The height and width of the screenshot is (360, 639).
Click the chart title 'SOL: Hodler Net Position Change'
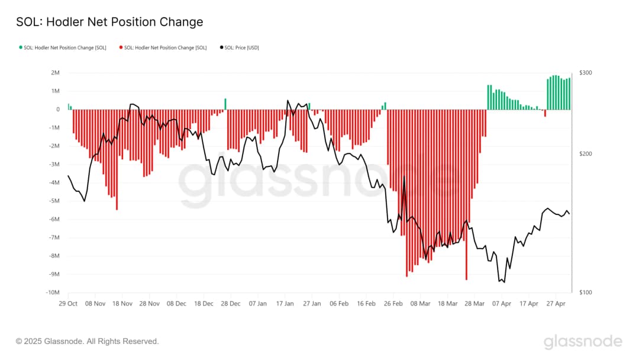click(x=109, y=22)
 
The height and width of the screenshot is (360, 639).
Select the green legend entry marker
click(x=20, y=47)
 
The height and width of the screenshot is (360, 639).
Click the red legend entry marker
click(x=121, y=47)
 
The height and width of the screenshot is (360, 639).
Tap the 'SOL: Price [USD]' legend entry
click(x=241, y=47)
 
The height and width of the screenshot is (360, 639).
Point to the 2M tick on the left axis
click(x=56, y=73)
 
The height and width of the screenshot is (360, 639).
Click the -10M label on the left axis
click(x=53, y=292)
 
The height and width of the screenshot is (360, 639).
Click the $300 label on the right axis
click(x=586, y=73)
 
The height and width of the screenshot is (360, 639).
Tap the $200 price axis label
click(x=586, y=154)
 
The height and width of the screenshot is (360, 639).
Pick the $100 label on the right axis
click(x=586, y=292)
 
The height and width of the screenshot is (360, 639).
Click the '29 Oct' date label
click(x=68, y=303)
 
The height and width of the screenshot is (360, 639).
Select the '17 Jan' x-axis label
click(x=285, y=303)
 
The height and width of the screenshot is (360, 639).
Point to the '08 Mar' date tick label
click(x=421, y=303)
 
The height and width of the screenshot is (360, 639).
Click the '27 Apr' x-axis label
click(x=556, y=303)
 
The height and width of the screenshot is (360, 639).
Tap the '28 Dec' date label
click(x=231, y=303)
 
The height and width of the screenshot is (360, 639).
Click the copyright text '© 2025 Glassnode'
click(x=88, y=341)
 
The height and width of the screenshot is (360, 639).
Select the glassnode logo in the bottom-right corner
click(x=583, y=342)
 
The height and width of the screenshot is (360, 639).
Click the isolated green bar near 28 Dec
click(x=225, y=104)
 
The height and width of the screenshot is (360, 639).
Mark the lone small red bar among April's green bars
click(x=545, y=113)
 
